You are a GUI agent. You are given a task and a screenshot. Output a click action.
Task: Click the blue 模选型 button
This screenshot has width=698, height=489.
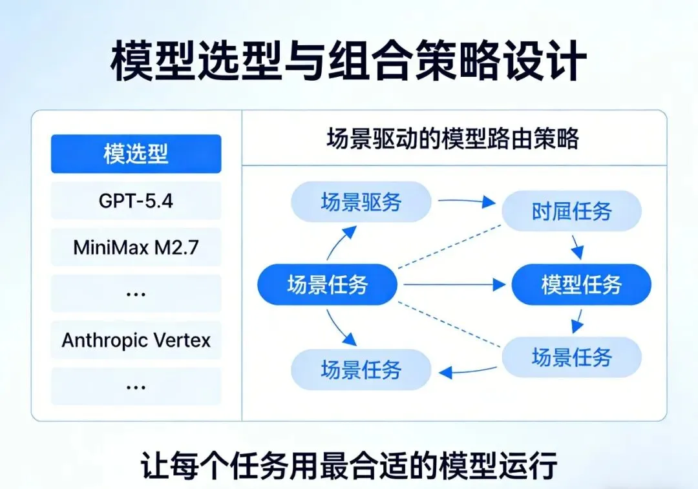pos(136,154)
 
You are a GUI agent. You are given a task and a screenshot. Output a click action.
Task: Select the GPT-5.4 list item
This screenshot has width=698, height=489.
pos(136,200)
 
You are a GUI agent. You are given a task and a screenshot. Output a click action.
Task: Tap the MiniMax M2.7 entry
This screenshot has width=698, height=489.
pos(136,247)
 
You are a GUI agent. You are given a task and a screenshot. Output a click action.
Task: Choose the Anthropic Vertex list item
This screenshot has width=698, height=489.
pos(136,340)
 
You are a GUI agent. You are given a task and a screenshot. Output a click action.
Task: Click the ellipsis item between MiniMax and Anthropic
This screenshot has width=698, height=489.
pos(136,293)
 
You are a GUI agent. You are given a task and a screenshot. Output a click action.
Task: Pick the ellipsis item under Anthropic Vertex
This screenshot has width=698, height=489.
pos(136,386)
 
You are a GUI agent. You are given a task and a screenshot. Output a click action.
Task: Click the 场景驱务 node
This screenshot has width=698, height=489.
pos(361,202)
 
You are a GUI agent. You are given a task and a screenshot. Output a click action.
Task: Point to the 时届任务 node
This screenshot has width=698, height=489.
pos(571,211)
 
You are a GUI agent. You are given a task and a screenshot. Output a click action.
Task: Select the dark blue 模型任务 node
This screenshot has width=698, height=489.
pos(581,284)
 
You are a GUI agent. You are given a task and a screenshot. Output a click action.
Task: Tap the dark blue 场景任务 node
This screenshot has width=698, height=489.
pos(327,284)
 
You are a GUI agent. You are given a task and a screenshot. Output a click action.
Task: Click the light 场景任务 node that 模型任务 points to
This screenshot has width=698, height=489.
pos(571,357)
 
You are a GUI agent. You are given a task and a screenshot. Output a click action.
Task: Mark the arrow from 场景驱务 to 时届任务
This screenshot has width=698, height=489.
pos(465,201)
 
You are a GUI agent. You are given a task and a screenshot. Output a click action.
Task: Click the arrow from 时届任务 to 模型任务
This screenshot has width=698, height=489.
pos(576,246)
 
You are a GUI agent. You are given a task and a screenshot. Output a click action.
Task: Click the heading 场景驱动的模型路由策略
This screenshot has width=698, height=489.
pos(452,140)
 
